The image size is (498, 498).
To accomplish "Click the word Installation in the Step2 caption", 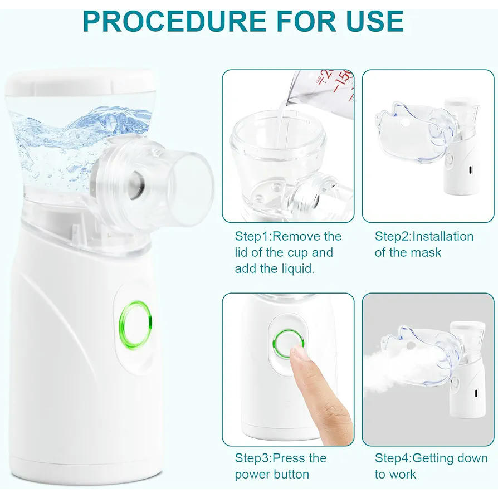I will click(x=442, y=236).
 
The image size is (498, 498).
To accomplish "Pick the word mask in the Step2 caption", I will click(x=426, y=252).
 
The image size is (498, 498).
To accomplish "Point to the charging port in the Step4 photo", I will click(x=476, y=394).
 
